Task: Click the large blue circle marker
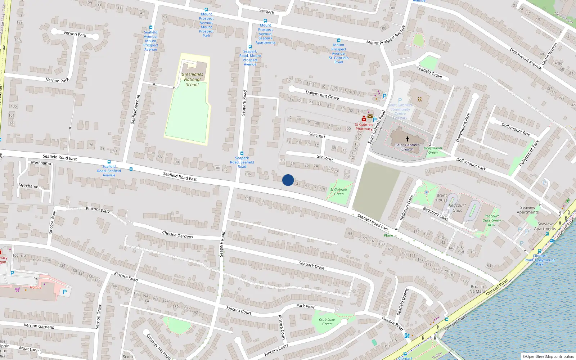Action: (288, 180)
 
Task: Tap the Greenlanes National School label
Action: (192, 80)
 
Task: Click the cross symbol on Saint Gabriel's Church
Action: (408, 139)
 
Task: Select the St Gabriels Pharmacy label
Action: (364, 127)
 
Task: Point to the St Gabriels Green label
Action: (339, 192)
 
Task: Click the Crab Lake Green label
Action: (327, 321)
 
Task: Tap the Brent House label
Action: (442, 198)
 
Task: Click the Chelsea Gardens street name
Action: (177, 235)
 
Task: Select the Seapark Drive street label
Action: (311, 265)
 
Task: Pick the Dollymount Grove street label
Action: (322, 95)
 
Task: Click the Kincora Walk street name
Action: (98, 210)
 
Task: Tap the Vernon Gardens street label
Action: (39, 326)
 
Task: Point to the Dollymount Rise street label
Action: (516, 130)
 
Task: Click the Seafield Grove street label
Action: (429, 71)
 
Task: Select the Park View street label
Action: (305, 306)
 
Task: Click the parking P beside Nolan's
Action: (65, 292)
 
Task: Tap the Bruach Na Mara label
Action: (477, 289)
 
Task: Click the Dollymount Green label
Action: (433, 150)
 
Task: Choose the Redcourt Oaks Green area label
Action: (491, 220)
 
